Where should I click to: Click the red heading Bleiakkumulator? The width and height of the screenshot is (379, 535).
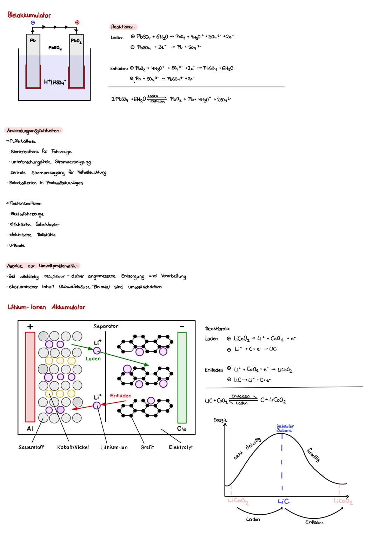coord(29,15)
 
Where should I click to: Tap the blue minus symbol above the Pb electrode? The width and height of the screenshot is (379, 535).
coord(33,22)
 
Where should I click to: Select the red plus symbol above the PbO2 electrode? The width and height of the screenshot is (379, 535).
coord(77,22)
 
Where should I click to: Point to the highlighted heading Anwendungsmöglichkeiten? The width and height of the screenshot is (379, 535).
coord(34,131)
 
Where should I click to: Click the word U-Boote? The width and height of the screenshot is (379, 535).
coord(17,245)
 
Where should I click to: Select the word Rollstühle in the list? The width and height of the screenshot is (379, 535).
coord(46,235)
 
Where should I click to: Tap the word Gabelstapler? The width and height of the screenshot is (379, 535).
coord(47,225)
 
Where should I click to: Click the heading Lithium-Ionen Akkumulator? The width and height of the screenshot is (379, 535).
coord(46,307)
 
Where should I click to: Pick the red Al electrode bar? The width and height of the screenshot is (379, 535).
coord(30,377)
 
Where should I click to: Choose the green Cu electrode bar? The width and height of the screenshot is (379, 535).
coord(182,377)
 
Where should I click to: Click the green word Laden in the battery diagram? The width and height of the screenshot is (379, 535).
coord(93,359)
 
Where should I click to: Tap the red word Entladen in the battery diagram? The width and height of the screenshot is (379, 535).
coord(121,396)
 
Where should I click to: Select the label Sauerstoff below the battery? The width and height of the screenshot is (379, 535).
coord(31,447)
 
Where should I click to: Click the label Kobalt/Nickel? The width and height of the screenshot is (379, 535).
coord(73,447)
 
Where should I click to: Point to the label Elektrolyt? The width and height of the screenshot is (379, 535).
coord(181,447)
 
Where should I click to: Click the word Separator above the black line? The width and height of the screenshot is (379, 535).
coord(106,326)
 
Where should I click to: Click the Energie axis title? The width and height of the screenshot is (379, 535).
coord(220,420)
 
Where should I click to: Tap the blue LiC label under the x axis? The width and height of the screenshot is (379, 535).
coord(284,501)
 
